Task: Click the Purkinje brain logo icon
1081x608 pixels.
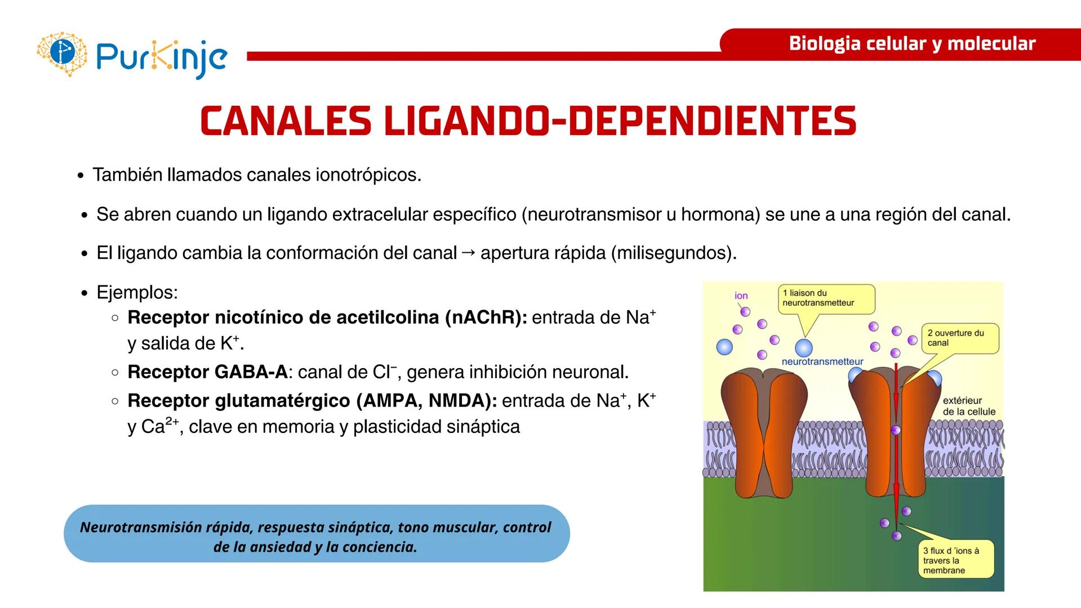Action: click(x=62, y=53)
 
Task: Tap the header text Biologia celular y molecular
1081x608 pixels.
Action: click(x=911, y=43)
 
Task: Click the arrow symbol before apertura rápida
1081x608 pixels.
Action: click(x=468, y=252)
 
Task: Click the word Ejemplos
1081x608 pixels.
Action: click(x=137, y=292)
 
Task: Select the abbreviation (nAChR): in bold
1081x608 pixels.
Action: click(x=486, y=318)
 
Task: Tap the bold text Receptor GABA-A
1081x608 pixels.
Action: click(x=207, y=372)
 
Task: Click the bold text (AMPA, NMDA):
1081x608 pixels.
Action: click(x=426, y=401)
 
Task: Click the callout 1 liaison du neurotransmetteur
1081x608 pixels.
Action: click(x=826, y=298)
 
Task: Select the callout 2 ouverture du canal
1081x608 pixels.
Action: click(x=959, y=338)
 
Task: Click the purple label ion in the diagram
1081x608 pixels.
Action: click(x=741, y=296)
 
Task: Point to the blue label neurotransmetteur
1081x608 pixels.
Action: click(x=822, y=361)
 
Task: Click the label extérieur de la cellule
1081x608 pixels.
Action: click(x=969, y=406)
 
